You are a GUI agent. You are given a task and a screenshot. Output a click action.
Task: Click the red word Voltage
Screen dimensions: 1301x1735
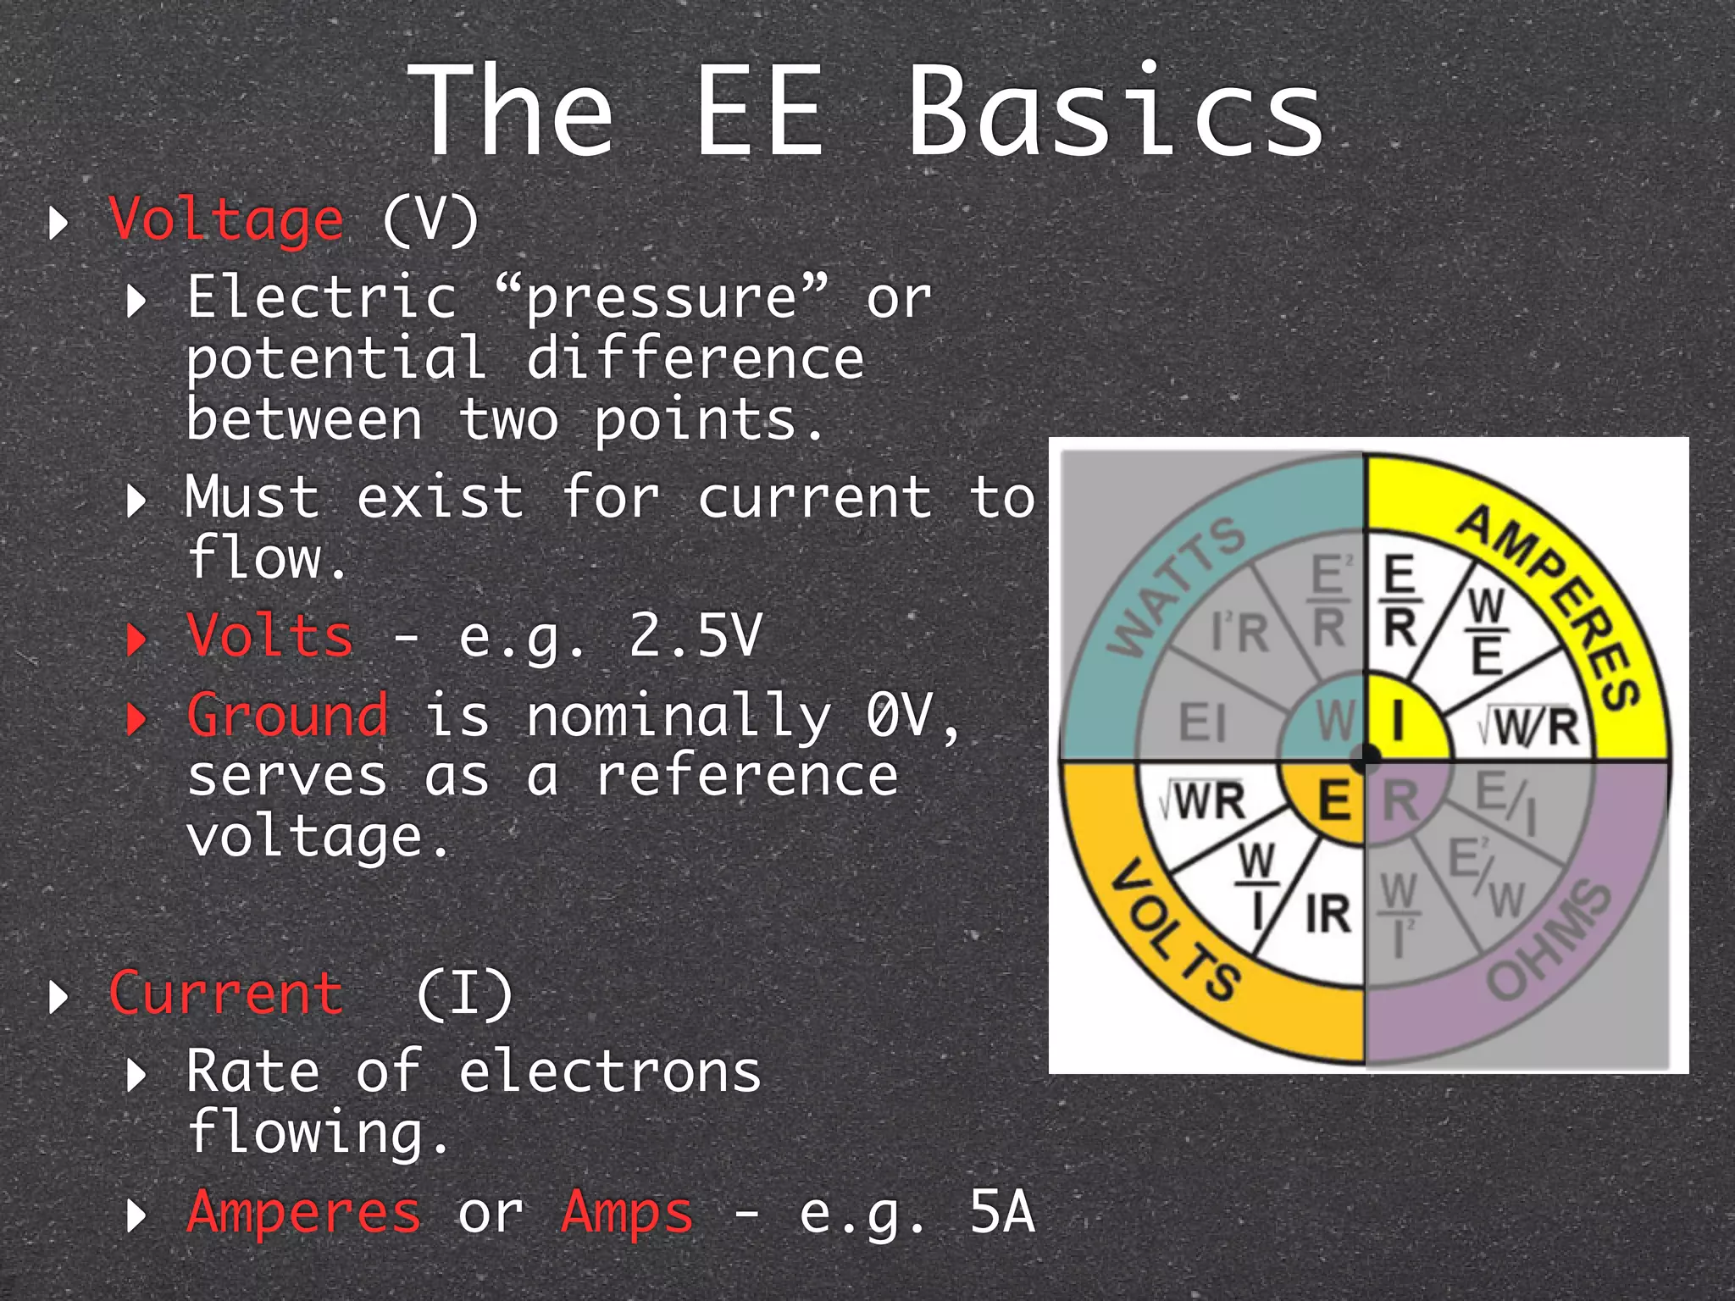(x=226, y=220)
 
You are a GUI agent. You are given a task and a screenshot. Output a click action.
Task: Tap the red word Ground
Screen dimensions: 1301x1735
(x=288, y=715)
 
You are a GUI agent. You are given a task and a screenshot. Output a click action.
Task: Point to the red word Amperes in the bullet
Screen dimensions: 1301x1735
(x=304, y=1212)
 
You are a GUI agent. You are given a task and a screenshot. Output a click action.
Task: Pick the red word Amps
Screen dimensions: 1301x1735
(x=627, y=1212)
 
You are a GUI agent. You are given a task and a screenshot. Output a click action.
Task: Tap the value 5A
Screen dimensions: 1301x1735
(x=1001, y=1212)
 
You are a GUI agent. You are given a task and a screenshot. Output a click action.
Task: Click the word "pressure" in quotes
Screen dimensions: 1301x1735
(x=661, y=298)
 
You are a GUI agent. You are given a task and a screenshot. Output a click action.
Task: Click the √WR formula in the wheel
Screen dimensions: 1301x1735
(x=1203, y=800)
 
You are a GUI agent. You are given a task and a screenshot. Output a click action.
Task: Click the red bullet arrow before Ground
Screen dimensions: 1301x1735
(x=136, y=718)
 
